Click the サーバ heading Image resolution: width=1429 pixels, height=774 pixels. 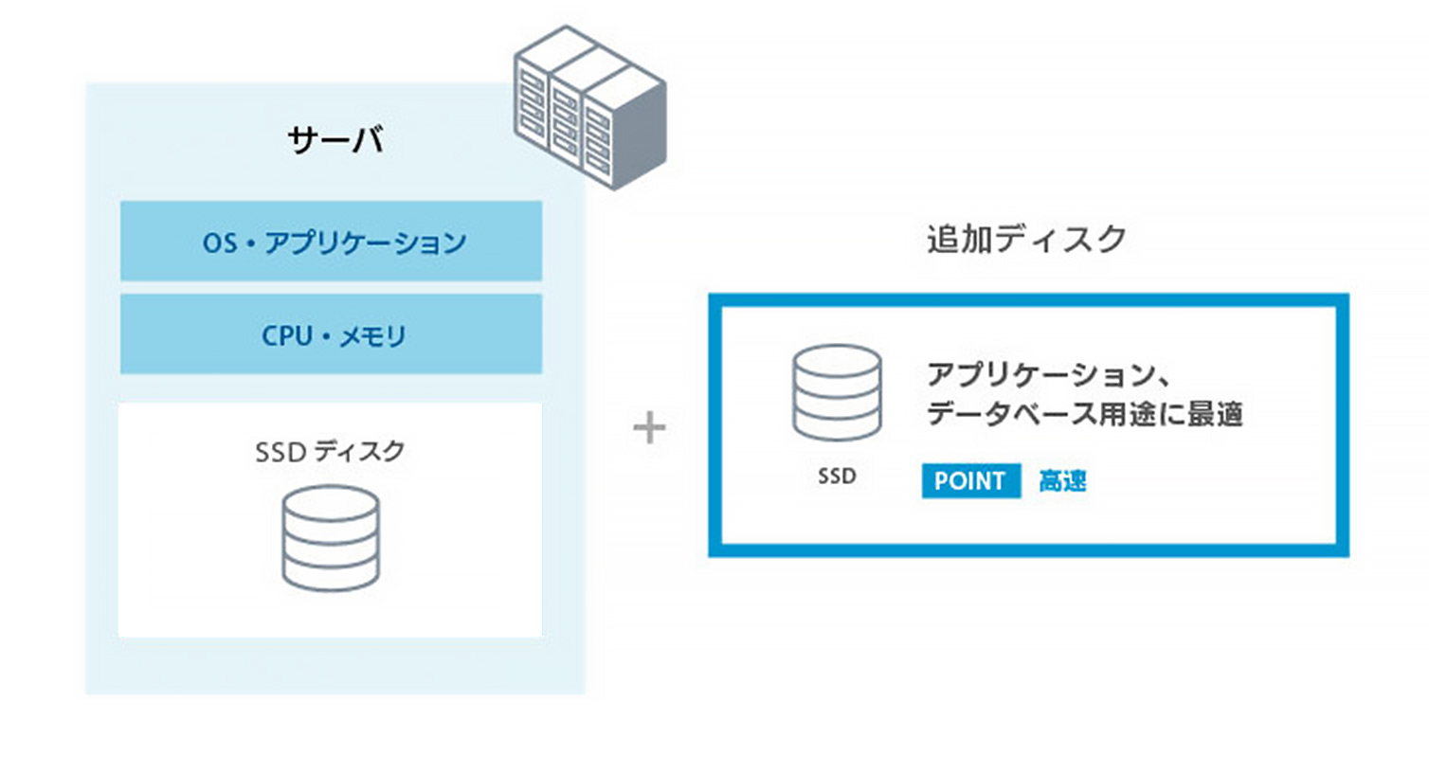(x=335, y=140)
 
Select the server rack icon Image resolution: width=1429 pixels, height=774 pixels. (x=589, y=106)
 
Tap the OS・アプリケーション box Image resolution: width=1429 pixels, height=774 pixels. (x=331, y=241)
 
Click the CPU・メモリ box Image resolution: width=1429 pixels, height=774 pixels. (x=331, y=333)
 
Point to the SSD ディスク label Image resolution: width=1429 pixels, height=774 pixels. (x=330, y=451)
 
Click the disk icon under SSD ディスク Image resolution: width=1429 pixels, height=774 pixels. (x=331, y=538)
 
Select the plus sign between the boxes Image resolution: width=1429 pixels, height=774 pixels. (x=649, y=427)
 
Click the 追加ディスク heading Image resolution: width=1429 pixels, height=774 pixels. (x=1026, y=239)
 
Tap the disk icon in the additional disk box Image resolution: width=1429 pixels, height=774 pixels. (x=837, y=392)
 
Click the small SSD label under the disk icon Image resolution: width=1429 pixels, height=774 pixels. (x=837, y=477)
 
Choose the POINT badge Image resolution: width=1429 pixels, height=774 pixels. (x=970, y=481)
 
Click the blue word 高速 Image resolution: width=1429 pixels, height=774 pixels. (x=1062, y=481)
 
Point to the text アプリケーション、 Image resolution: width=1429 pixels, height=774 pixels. (x=1047, y=374)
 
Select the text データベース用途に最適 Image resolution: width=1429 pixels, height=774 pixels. (x=1084, y=414)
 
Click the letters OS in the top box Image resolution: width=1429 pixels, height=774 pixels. (x=220, y=243)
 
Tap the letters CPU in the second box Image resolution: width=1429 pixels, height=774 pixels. (x=286, y=335)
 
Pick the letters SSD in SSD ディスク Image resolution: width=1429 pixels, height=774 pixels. (x=280, y=452)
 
